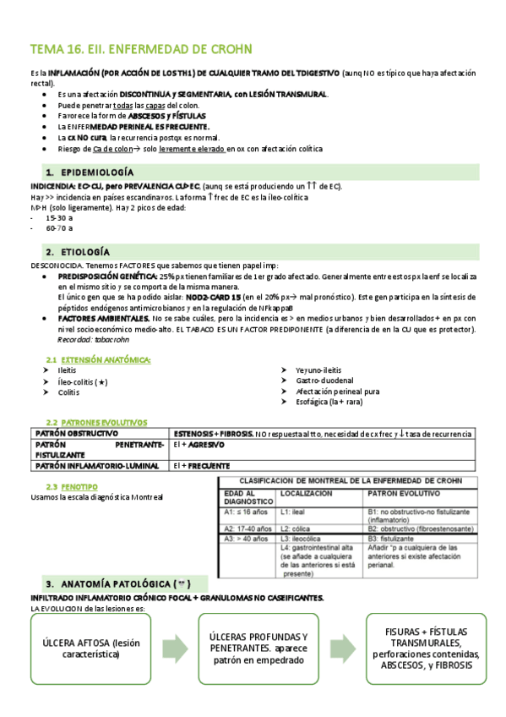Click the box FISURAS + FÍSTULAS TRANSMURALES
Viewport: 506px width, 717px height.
point(422,648)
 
